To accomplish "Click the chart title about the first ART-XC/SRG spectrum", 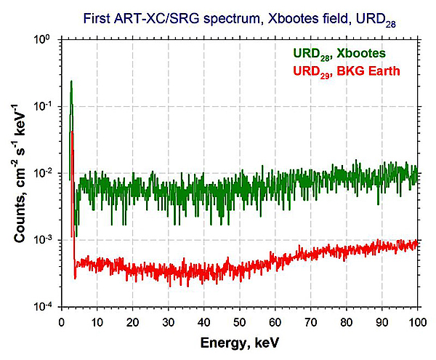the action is click(x=239, y=20).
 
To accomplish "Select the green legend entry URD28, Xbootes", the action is click(x=339, y=54).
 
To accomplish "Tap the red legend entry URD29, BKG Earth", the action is click(x=347, y=72).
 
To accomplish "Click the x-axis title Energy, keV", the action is click(x=239, y=343).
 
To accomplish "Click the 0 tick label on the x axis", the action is click(x=62, y=322).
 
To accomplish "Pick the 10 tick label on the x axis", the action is click(x=97, y=322).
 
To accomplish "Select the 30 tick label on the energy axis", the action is click(x=168, y=322).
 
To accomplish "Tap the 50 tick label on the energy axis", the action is click(x=239, y=322).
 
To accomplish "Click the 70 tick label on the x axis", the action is click(x=310, y=322).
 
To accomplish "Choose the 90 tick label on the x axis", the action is click(x=381, y=322).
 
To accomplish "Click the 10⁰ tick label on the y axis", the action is click(x=42, y=39).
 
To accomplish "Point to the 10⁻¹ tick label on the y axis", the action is click(x=42, y=106).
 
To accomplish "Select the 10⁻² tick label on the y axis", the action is click(x=42, y=173).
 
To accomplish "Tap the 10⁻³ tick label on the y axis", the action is click(x=42, y=239).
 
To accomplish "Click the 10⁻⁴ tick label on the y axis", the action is click(x=42, y=306).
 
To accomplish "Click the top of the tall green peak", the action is click(x=71, y=81).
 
